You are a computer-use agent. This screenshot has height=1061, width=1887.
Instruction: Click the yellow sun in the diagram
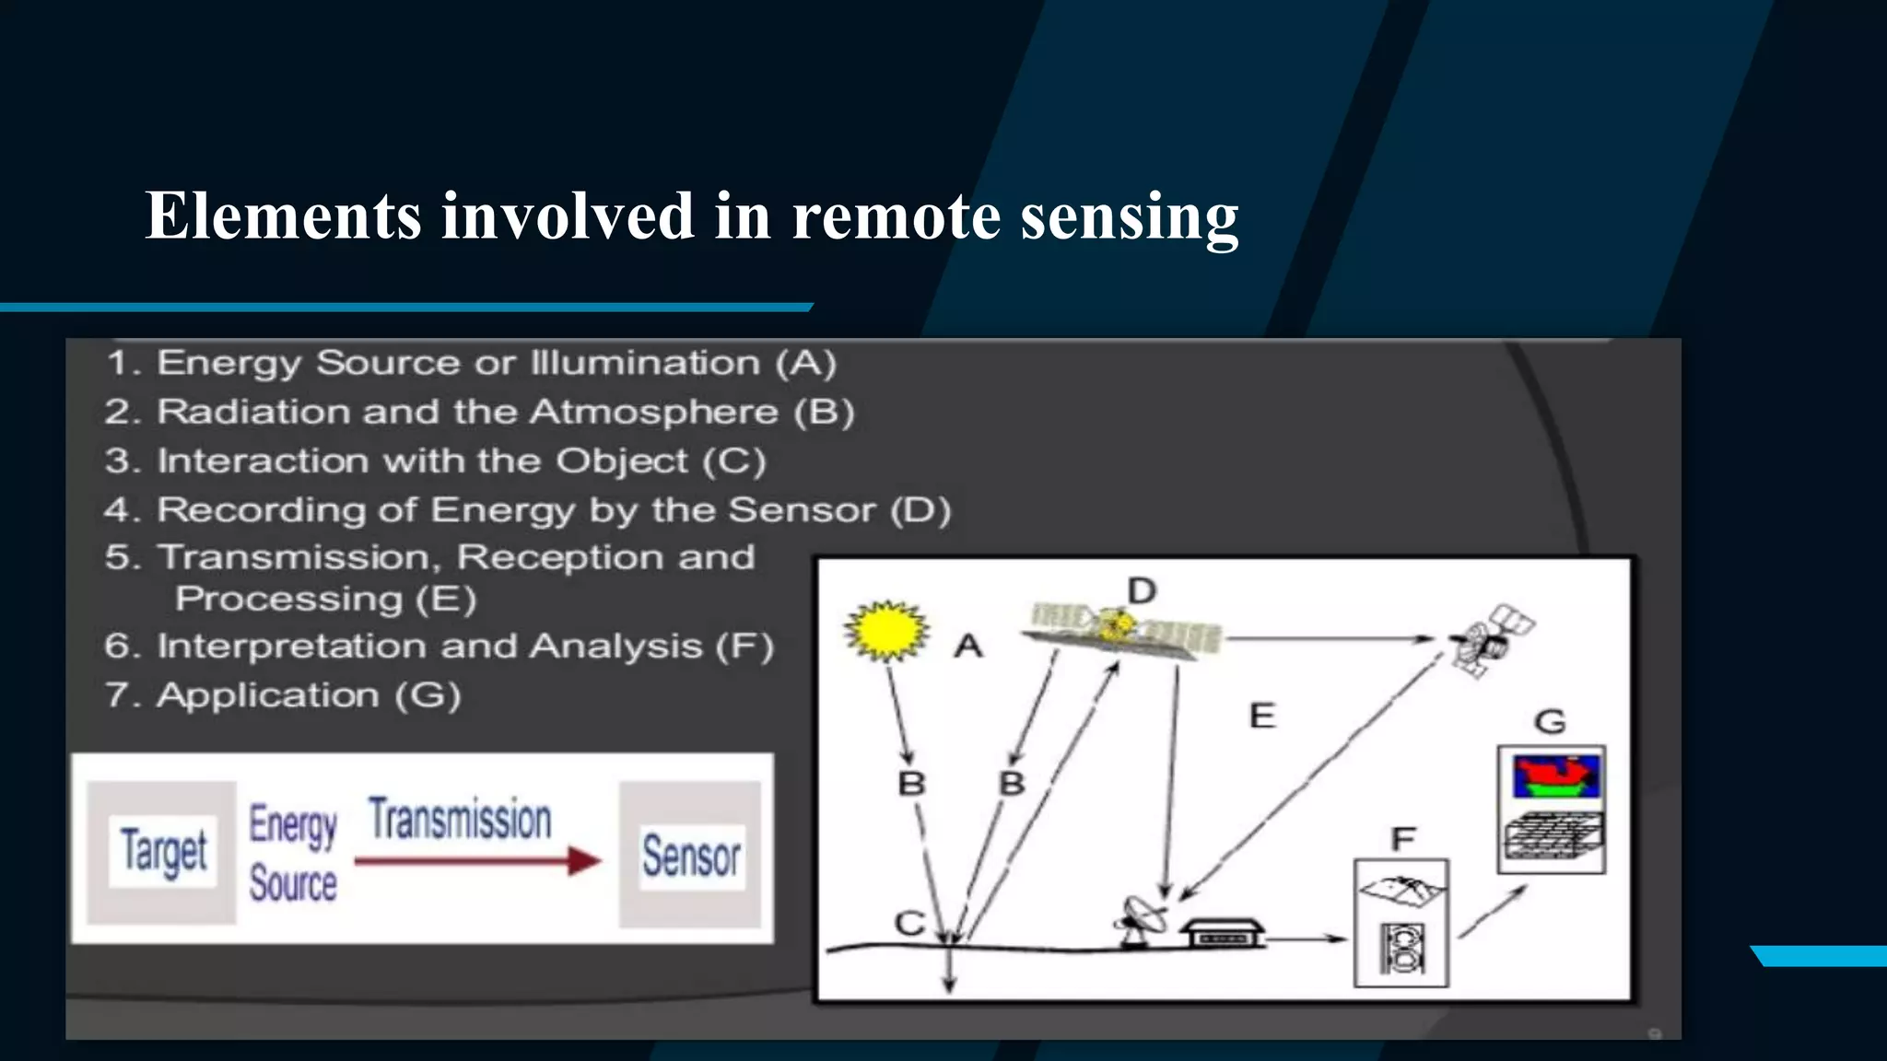(x=885, y=631)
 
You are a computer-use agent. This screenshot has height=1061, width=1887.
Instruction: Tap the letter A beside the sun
(x=967, y=647)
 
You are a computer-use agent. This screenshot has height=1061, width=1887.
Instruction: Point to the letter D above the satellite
(x=1142, y=590)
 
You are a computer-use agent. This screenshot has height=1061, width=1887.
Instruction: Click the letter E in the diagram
(x=1261, y=716)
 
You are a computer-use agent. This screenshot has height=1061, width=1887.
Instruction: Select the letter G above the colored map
(x=1550, y=721)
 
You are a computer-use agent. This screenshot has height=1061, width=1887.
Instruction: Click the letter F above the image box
(x=1402, y=839)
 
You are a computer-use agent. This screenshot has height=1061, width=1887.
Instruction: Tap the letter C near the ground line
(x=909, y=923)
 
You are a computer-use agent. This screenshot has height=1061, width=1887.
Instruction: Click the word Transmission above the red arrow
(x=460, y=819)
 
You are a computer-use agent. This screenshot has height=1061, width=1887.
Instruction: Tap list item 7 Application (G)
(x=283, y=695)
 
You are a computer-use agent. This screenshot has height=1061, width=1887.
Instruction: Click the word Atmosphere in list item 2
(x=653, y=412)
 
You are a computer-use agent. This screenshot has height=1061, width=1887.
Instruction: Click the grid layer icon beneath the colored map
(x=1553, y=836)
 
